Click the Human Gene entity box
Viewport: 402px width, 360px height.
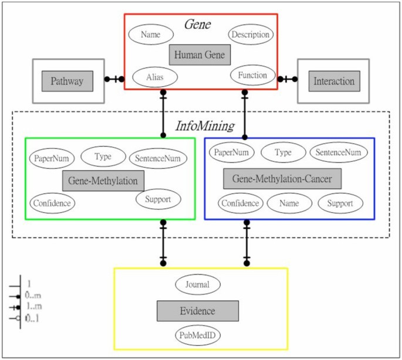tap(200, 55)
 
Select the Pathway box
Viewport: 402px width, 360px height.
tap(67, 81)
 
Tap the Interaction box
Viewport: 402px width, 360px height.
tap(333, 81)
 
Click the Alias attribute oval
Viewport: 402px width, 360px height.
tap(155, 77)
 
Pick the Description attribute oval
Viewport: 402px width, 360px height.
tap(250, 34)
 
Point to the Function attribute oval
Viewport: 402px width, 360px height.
tap(252, 75)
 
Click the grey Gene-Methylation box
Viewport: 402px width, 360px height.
tap(103, 180)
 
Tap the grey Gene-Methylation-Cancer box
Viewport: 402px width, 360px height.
tap(282, 178)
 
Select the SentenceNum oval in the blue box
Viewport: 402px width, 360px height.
tap(339, 152)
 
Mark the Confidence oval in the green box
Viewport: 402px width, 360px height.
tap(52, 203)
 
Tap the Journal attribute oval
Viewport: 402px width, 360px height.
tap(197, 284)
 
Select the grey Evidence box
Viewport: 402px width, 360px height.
tap(197, 311)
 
